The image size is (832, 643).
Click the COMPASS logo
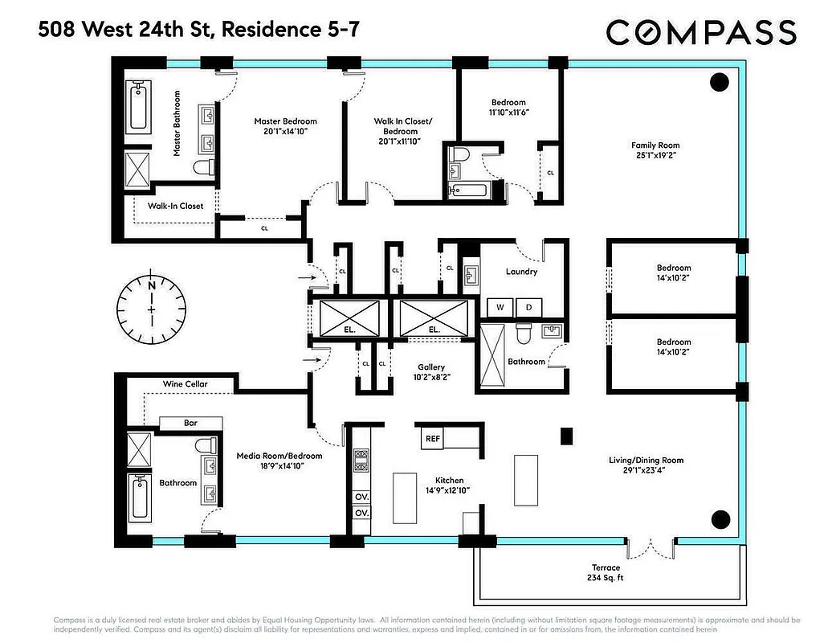(x=700, y=33)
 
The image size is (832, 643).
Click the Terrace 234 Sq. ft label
(x=607, y=573)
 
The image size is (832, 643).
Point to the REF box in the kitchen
(x=433, y=439)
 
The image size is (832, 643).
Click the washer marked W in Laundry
(x=500, y=307)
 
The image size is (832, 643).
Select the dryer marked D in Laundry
(x=529, y=307)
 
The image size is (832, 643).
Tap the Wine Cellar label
(x=185, y=384)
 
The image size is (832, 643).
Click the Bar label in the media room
(x=190, y=423)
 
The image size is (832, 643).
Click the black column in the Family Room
(x=720, y=80)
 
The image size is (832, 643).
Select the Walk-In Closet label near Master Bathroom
(x=175, y=206)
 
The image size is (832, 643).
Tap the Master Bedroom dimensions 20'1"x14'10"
(x=281, y=131)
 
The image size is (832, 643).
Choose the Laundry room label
(x=521, y=272)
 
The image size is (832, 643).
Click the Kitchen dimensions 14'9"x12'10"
(x=435, y=489)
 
